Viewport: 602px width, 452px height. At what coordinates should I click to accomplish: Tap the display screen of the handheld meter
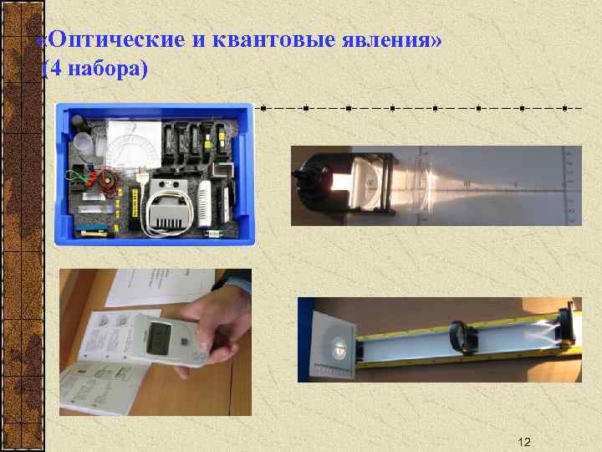click(x=159, y=339)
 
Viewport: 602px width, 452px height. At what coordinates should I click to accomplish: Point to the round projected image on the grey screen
click(x=338, y=347)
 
